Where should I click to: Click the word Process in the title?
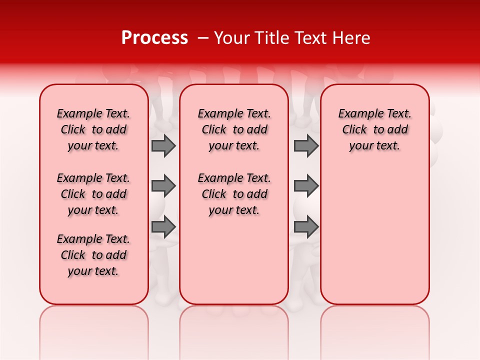(x=154, y=38)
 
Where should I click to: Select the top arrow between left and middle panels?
(x=163, y=145)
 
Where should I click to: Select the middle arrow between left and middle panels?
(x=163, y=186)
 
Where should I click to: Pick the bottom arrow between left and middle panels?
(x=163, y=227)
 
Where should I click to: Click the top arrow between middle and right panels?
(x=306, y=145)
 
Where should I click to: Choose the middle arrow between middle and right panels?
(x=306, y=186)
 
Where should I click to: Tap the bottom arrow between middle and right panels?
(x=306, y=227)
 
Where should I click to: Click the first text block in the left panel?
(x=93, y=129)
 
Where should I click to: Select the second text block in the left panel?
(x=93, y=194)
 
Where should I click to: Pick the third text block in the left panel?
(x=93, y=255)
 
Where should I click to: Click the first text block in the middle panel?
(x=234, y=129)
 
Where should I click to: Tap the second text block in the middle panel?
(x=234, y=194)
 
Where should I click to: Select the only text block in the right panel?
(x=375, y=129)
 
